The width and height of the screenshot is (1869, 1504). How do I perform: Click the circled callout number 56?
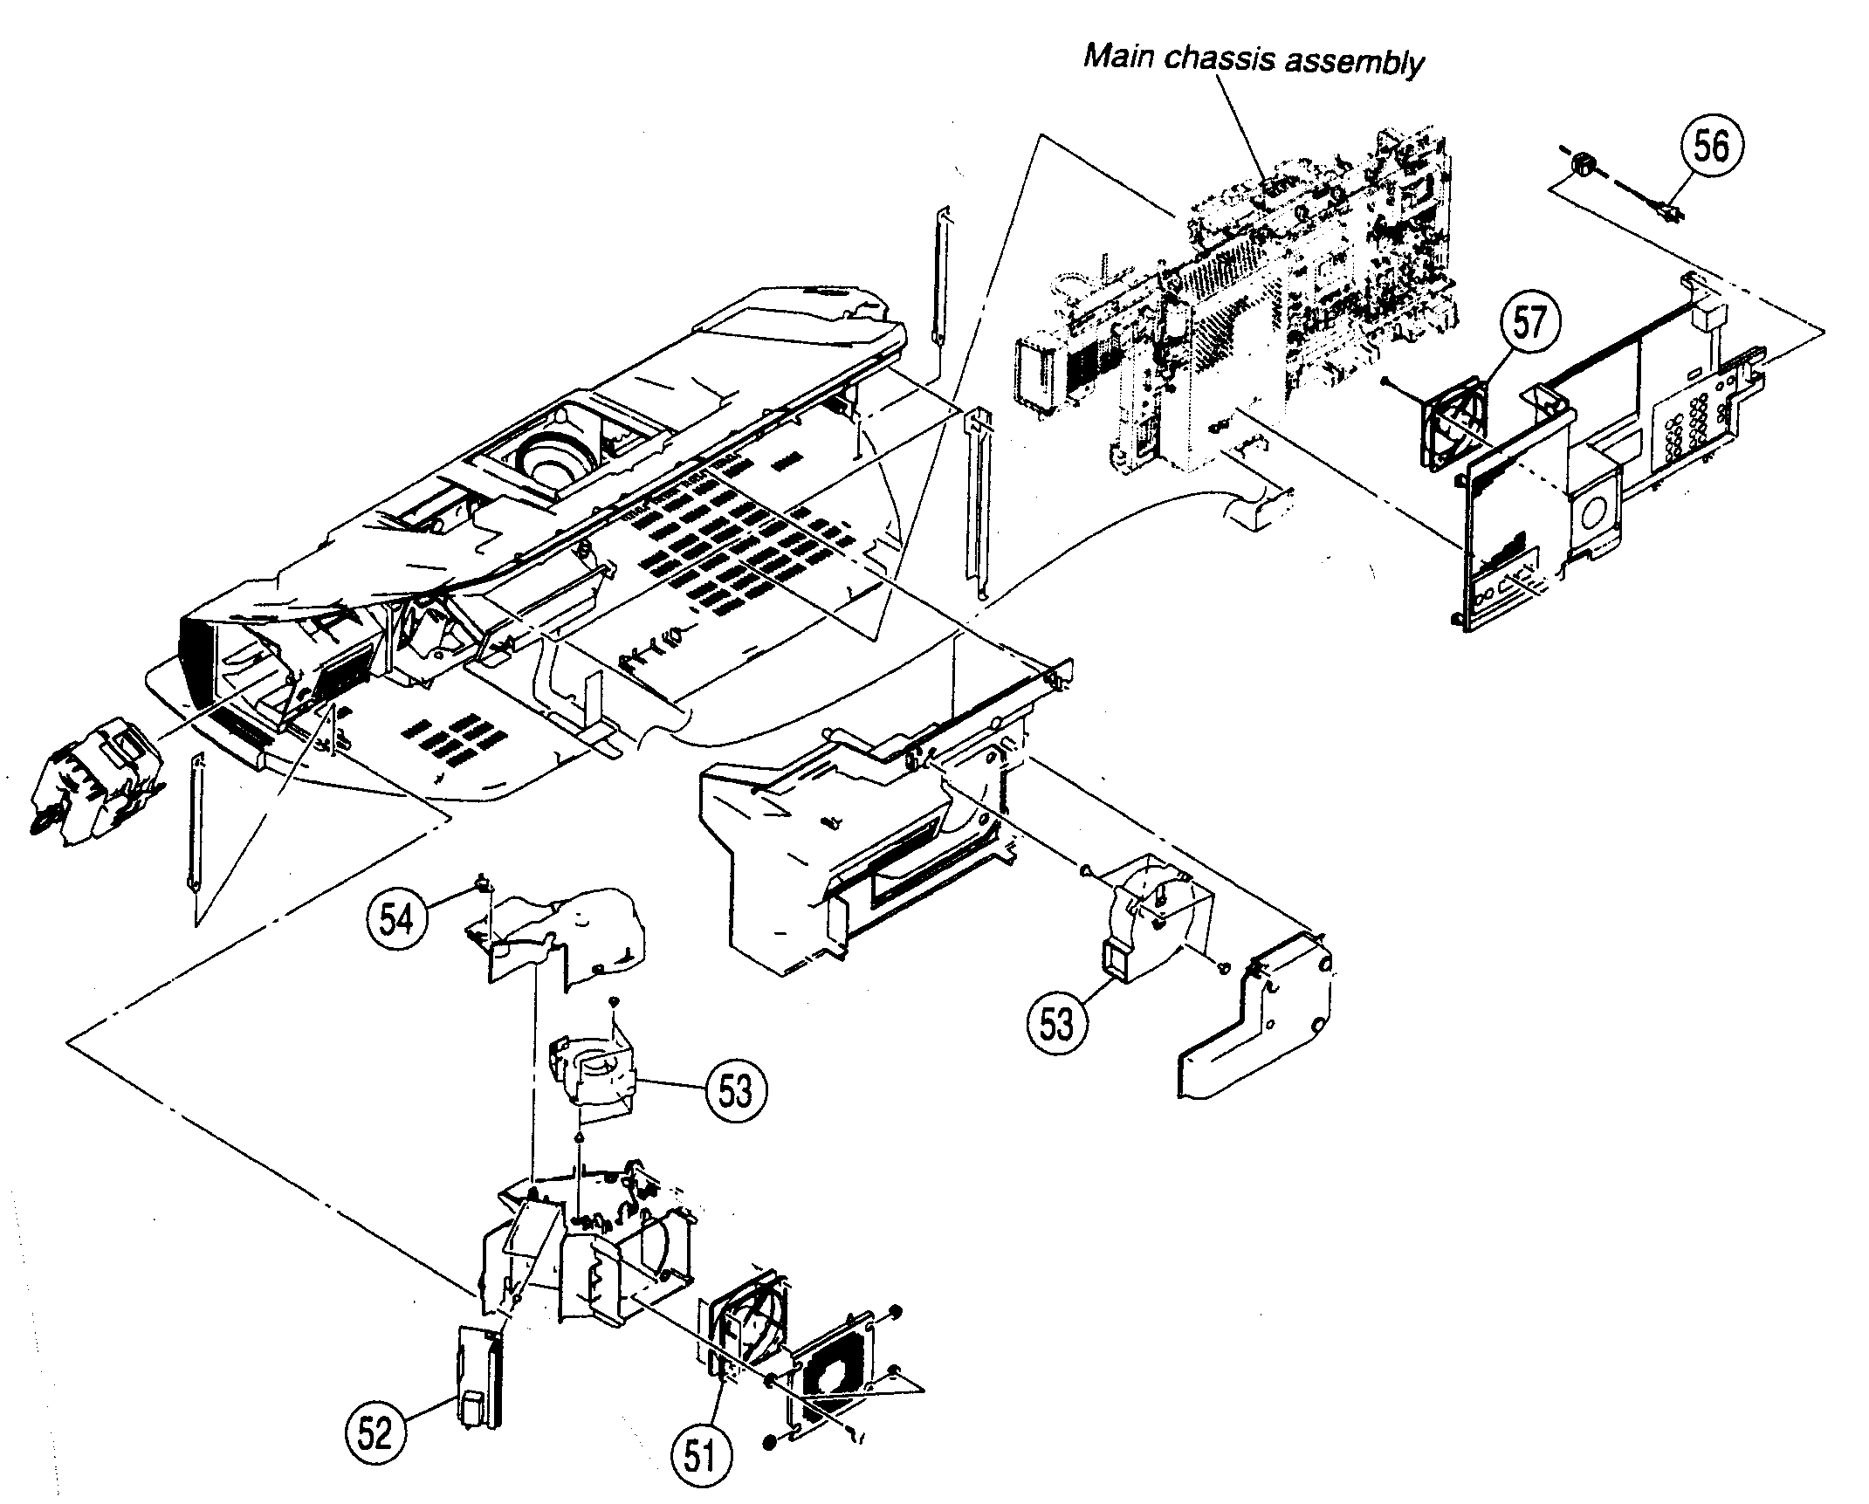(1710, 147)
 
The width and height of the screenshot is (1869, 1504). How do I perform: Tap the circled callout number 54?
(396, 919)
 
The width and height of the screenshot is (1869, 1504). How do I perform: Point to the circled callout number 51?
(701, 1456)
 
